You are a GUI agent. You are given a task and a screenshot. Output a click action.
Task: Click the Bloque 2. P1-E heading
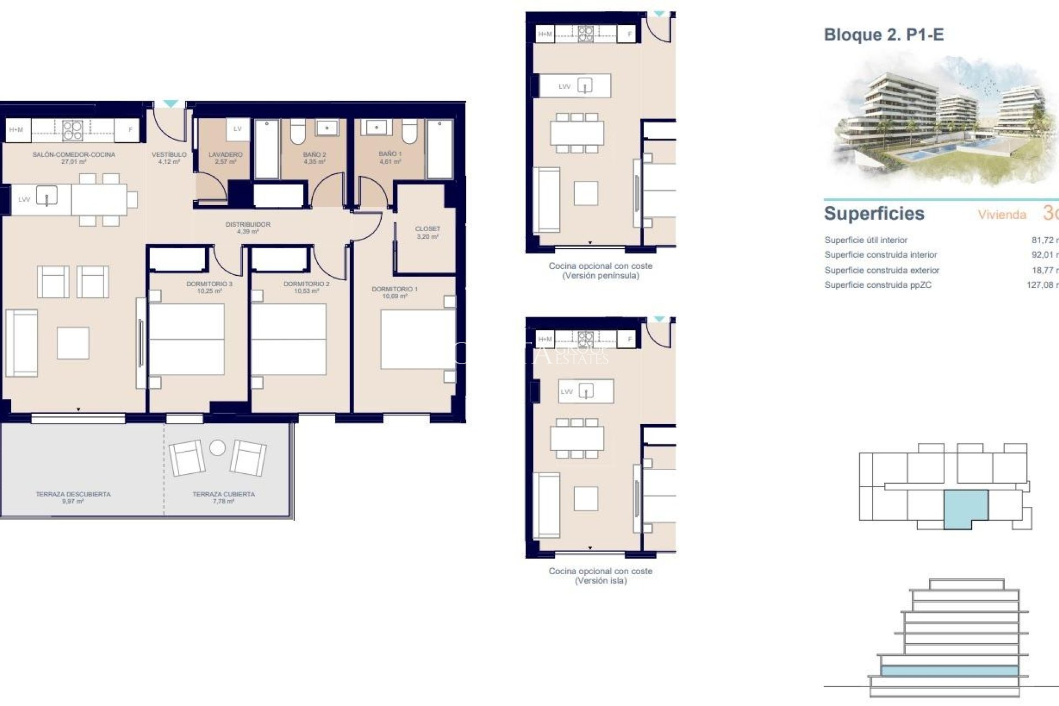click(x=884, y=35)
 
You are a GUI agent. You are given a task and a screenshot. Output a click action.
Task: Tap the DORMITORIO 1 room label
click(x=394, y=289)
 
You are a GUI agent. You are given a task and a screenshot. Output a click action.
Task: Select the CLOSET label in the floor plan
click(x=427, y=229)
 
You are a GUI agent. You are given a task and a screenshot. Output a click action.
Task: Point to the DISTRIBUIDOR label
click(x=248, y=224)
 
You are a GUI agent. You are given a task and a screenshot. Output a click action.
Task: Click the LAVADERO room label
click(x=226, y=155)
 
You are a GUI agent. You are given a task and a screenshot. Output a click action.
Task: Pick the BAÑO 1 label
click(x=390, y=154)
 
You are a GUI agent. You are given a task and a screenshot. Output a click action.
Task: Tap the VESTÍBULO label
click(x=169, y=155)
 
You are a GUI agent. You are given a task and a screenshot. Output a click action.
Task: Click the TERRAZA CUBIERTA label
click(x=223, y=494)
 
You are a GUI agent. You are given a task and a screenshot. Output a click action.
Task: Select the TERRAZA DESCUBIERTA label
click(x=73, y=494)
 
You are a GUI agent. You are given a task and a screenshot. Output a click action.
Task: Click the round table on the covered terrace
click(x=217, y=448)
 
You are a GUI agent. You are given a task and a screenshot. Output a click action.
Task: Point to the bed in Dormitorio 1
click(x=417, y=339)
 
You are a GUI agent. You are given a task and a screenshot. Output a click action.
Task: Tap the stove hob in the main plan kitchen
click(x=72, y=130)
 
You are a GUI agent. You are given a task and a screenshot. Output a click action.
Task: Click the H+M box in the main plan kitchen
click(x=17, y=130)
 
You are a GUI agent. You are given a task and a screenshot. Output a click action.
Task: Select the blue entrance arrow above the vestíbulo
click(x=170, y=104)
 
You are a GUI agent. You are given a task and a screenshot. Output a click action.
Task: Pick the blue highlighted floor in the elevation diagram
click(x=949, y=671)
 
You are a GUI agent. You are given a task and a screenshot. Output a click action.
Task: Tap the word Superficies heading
click(x=874, y=213)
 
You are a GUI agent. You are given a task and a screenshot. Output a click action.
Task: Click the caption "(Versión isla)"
click(x=601, y=581)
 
